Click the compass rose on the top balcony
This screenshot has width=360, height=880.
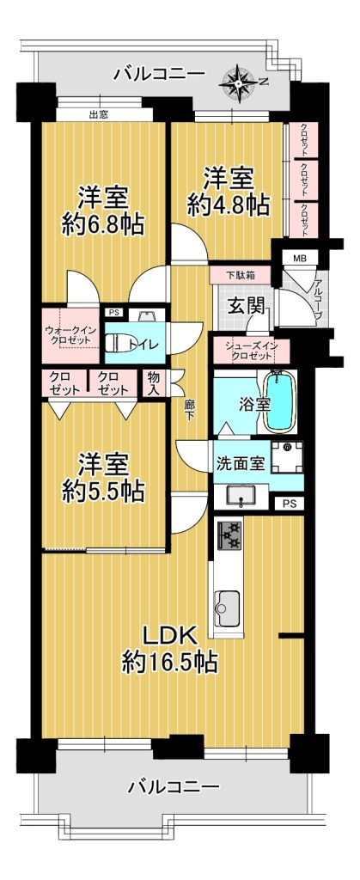pos(240,84)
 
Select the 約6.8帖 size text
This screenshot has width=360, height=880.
pos(103,225)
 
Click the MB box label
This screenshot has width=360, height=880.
pos(297,259)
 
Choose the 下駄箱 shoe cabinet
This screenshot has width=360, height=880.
pos(241,276)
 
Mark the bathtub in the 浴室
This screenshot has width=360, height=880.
pos(278,402)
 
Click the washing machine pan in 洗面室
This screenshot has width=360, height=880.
pos(288,457)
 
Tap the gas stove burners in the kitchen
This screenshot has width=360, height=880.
pos(229,535)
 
